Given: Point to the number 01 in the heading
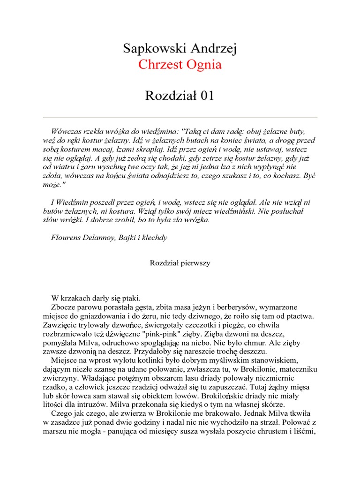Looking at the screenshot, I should coord(207,96).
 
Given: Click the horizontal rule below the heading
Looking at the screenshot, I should coord(180,117).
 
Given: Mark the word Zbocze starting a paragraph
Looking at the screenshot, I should coord(63,307).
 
